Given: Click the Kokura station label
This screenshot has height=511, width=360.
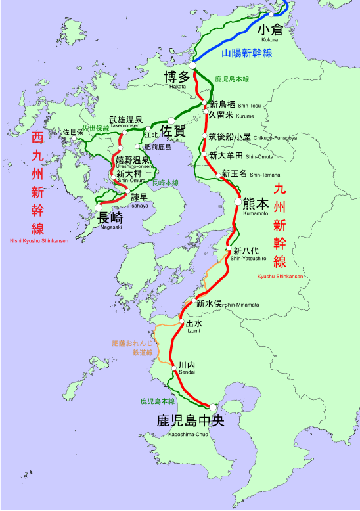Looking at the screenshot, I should (x=269, y=32).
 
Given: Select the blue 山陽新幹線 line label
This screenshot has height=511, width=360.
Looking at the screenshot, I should (x=247, y=53).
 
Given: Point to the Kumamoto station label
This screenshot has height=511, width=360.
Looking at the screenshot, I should (x=256, y=204).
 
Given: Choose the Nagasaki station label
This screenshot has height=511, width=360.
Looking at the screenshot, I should (x=110, y=218).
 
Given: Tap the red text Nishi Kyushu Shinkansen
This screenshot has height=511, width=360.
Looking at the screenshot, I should (x=37, y=241).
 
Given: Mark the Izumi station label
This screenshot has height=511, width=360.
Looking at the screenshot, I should (x=194, y=325).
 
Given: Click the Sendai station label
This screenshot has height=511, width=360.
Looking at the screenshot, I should (x=187, y=367).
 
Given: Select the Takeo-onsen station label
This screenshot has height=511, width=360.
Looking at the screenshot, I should (x=125, y=121).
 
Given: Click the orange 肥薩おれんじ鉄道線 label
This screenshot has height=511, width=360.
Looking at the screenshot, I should (x=133, y=347).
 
